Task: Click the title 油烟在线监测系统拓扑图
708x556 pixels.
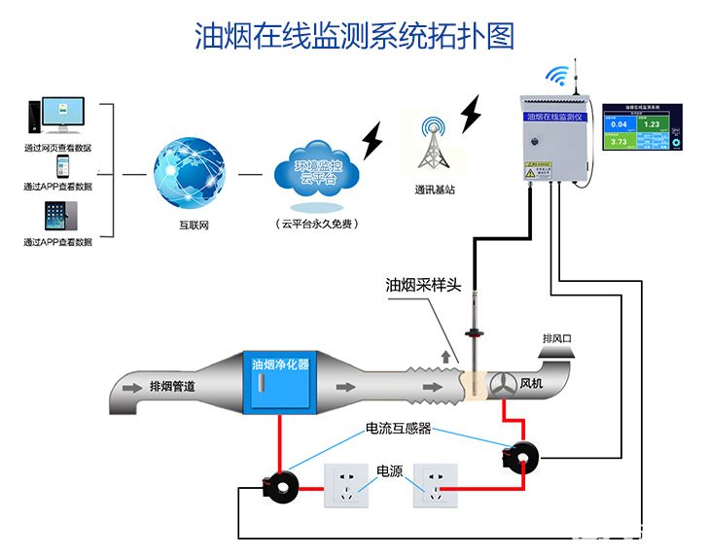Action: point(354,36)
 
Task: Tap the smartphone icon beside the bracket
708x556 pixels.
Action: point(62,165)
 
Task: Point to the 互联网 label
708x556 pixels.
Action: point(194,225)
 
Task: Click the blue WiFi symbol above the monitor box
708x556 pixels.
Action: point(556,76)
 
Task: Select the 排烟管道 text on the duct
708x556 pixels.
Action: point(172,387)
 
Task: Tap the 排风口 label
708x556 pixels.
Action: point(557,339)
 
